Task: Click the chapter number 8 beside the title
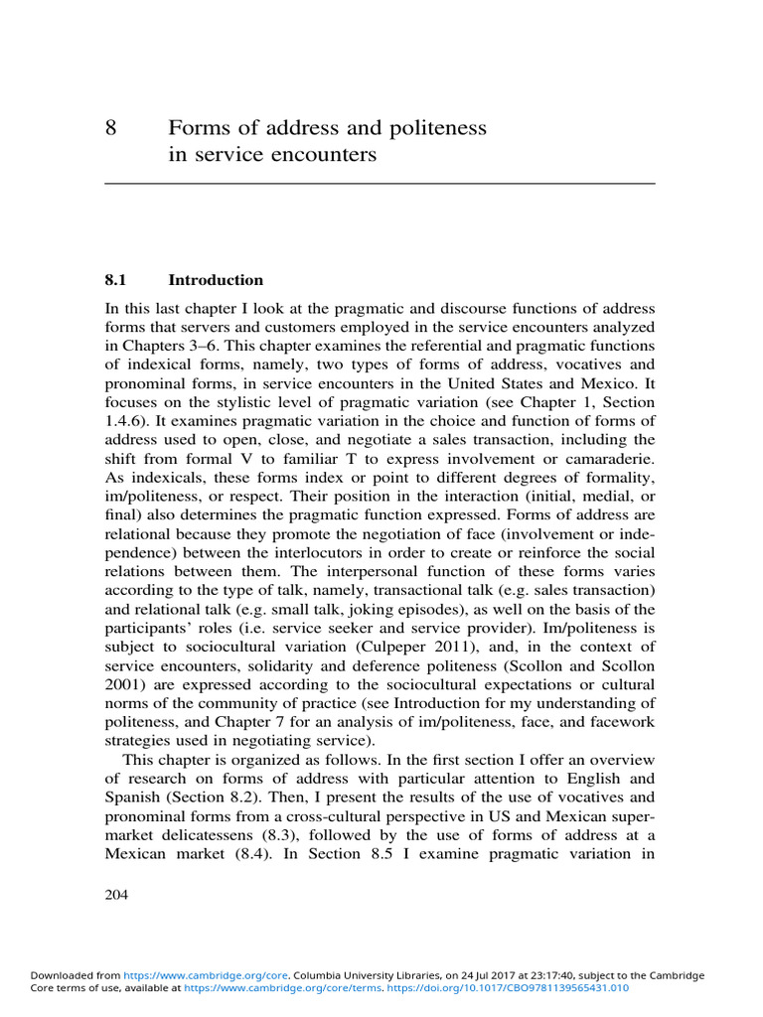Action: [111, 129]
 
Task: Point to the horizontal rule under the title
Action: [381, 184]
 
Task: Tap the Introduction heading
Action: [216, 280]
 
